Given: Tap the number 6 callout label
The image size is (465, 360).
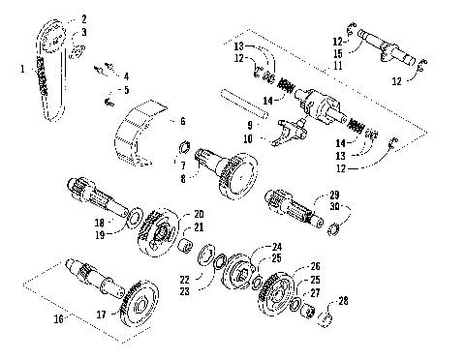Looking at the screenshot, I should pyautogui.click(x=182, y=122).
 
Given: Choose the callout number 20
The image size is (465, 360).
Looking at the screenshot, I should pyautogui.click(x=199, y=214).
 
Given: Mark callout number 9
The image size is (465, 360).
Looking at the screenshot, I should pyautogui.click(x=249, y=125).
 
